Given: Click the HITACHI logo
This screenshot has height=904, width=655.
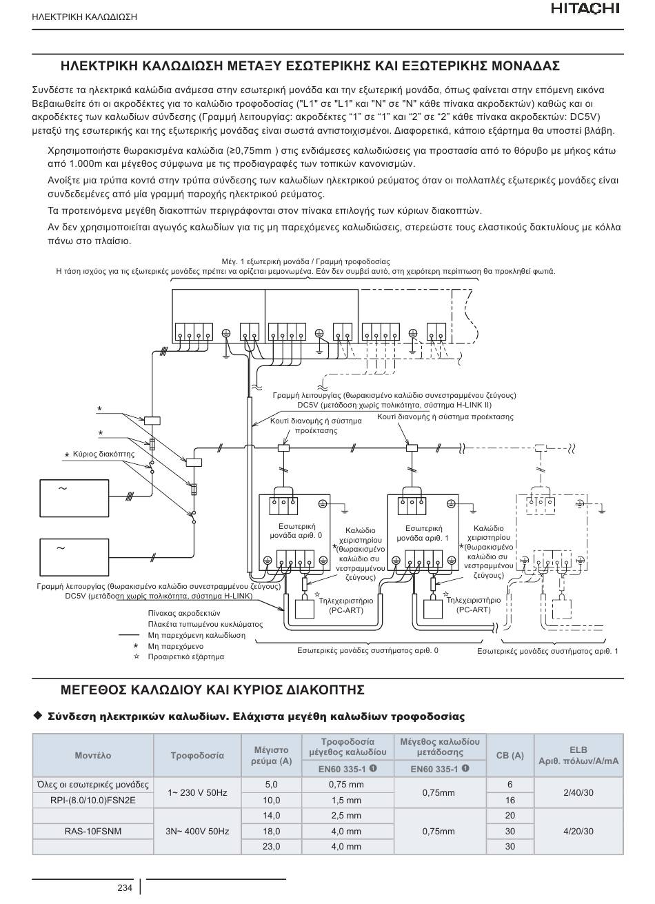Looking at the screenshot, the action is tap(585, 9).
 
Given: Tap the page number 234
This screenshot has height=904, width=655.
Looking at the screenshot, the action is tap(125, 887).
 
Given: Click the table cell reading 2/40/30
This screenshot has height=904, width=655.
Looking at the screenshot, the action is tap(578, 792).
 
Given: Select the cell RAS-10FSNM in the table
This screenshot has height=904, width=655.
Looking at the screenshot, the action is tap(93, 831).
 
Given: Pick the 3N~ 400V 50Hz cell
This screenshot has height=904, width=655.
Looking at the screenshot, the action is tap(197, 831).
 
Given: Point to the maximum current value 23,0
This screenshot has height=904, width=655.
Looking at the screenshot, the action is tap(271, 846).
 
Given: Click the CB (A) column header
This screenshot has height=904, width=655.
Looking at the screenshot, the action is tap(510, 755).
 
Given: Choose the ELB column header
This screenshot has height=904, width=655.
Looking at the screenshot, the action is tap(578, 755).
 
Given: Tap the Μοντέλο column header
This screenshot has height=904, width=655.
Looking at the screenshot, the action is tap(93, 755).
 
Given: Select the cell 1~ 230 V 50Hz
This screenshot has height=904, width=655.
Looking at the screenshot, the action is tap(197, 792).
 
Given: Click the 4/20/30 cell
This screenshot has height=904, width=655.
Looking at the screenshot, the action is tap(578, 831).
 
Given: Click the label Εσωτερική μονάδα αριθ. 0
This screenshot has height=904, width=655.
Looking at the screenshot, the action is tap(296, 531).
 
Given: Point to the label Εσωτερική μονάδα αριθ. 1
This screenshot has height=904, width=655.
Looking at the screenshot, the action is tap(423, 533).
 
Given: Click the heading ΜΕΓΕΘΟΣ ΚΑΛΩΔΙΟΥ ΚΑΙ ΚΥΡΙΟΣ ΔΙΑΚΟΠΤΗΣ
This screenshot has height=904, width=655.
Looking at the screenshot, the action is tap(212, 690).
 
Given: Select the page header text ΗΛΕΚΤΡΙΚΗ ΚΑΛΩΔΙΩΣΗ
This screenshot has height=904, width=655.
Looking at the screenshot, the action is tap(84, 17).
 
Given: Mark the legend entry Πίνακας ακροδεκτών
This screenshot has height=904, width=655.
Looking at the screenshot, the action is tap(184, 614).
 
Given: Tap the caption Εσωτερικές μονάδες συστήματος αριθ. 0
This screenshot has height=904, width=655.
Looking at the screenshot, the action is tap(367, 650).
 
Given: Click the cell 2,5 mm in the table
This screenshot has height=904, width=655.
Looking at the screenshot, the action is tap(346, 815).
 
